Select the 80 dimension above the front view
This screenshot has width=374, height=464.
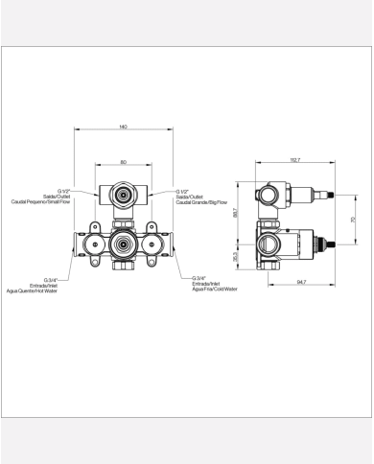[x=123, y=161]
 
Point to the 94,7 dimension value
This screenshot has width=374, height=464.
[x=300, y=282]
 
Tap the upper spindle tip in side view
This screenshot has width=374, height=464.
[x=333, y=196]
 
